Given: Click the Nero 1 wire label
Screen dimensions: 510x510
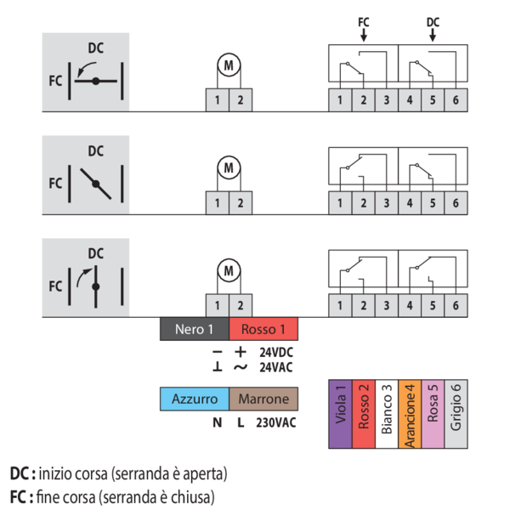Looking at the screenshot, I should [x=195, y=329].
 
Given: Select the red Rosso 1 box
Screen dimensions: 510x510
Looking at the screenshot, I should [x=263, y=329].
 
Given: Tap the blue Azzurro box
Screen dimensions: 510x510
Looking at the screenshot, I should [x=195, y=399].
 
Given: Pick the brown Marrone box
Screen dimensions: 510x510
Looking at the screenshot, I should [x=263, y=399].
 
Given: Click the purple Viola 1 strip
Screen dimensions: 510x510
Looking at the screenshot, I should [x=340, y=413].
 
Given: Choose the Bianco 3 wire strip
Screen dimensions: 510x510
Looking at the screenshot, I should [x=386, y=413].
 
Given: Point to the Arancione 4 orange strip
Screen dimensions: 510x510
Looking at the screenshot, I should [x=410, y=413].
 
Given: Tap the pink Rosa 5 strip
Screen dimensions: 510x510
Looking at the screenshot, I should [x=433, y=413].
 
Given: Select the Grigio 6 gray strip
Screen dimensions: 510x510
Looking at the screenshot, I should [x=456, y=413].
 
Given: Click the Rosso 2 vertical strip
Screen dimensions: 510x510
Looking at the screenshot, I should [x=363, y=413].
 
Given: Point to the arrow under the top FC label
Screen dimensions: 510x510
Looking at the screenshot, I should [x=364, y=36].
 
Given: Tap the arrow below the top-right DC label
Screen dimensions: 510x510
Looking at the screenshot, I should [x=433, y=36].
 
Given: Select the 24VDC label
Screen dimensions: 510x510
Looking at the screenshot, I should [x=277, y=352].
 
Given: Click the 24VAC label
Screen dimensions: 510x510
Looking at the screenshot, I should [x=277, y=367].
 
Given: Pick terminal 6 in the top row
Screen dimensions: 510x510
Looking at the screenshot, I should [x=456, y=100].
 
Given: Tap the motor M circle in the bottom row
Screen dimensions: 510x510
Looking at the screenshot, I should [x=228, y=270].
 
